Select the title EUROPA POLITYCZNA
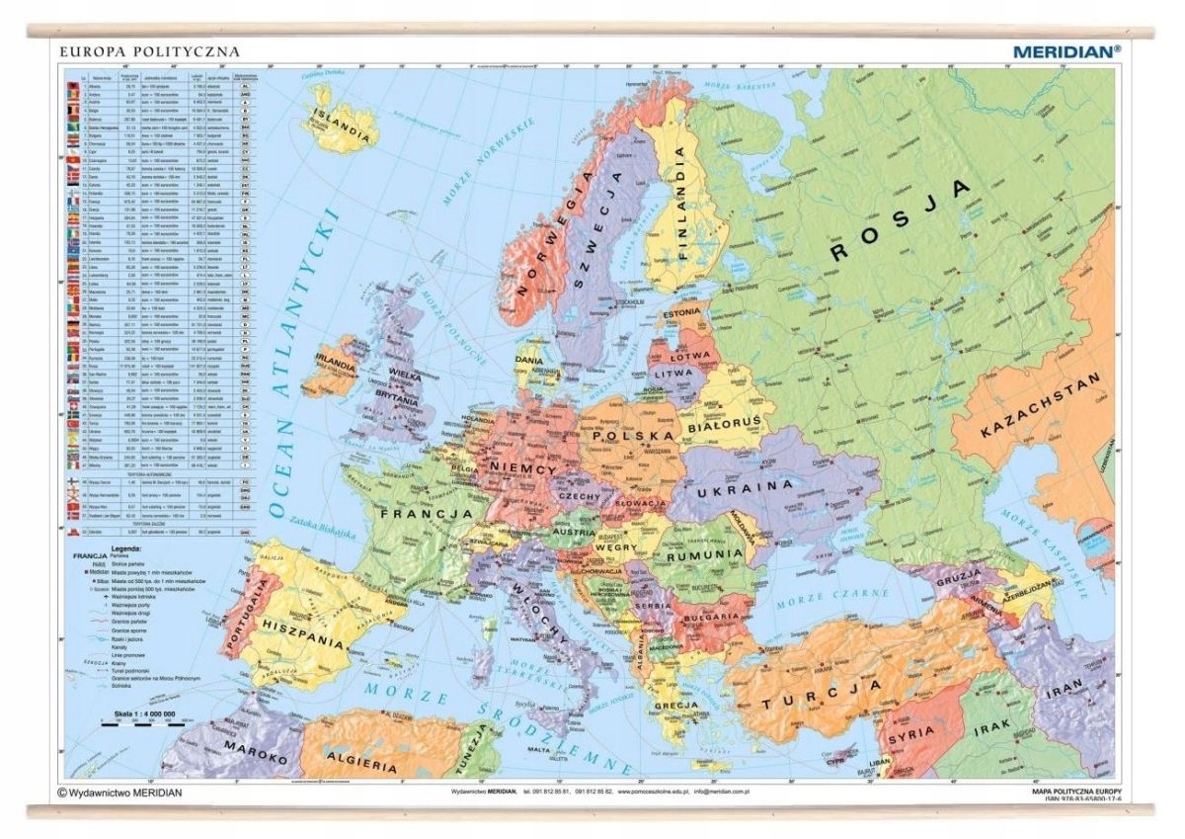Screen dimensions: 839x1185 click(149, 50)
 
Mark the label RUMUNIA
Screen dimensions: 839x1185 click(703, 555)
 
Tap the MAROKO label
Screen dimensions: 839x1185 click(252, 751)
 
